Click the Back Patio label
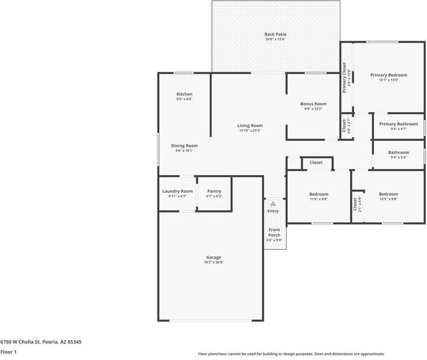pyautogui.click(x=275, y=34)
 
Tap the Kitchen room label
pyautogui.click(x=184, y=94)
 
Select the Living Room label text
pyautogui.click(x=250, y=125)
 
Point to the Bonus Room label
pyautogui.click(x=313, y=104)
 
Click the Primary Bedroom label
pyautogui.click(x=388, y=75)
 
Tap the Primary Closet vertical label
pyautogui.click(x=344, y=78)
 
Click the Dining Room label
pyautogui.click(x=184, y=145)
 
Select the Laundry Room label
pyautogui.click(x=178, y=191)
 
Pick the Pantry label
pyautogui.click(x=214, y=191)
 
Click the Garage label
pyautogui.click(x=214, y=257)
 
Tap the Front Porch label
pyautogui.click(x=274, y=232)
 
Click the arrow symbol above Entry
pyautogui.click(x=273, y=204)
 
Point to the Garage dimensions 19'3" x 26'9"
pyautogui.click(x=214, y=262)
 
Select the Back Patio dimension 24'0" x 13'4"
pyautogui.click(x=275, y=40)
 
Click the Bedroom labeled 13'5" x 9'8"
pyautogui.click(x=388, y=194)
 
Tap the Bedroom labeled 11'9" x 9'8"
pyautogui.click(x=319, y=194)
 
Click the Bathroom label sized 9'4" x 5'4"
pyautogui.click(x=399, y=152)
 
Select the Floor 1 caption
pyautogui.click(x=8, y=352)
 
